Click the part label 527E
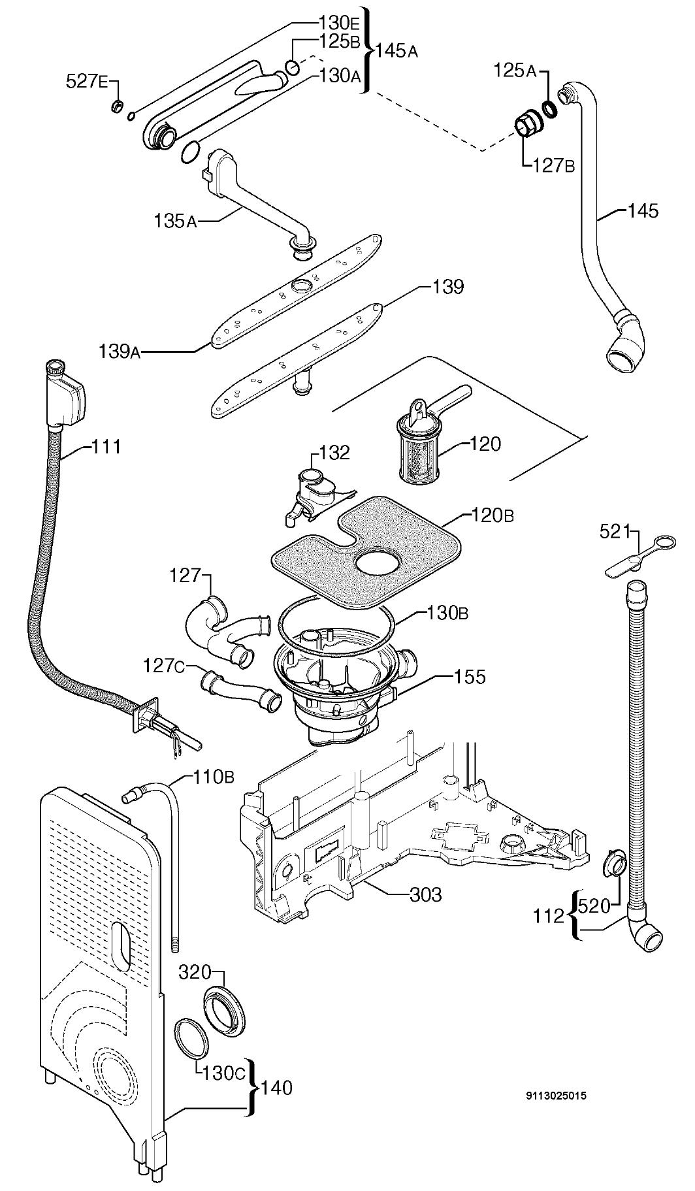pos(88,82)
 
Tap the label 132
pos(334,452)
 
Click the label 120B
pos(493,515)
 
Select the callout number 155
pos(470,677)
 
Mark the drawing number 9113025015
pos(555,1096)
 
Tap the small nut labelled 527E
pos(118,105)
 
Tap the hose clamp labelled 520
pos(612,865)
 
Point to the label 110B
pos(213,777)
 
